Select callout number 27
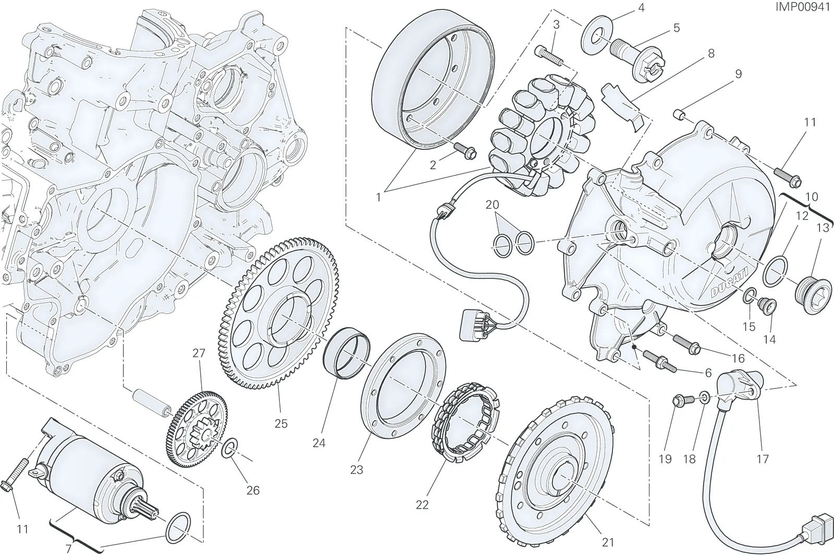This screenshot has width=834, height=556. point(199,353)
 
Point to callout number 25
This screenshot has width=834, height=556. point(281,424)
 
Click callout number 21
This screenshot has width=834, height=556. point(608,542)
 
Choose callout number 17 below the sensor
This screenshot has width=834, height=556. point(763,459)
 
